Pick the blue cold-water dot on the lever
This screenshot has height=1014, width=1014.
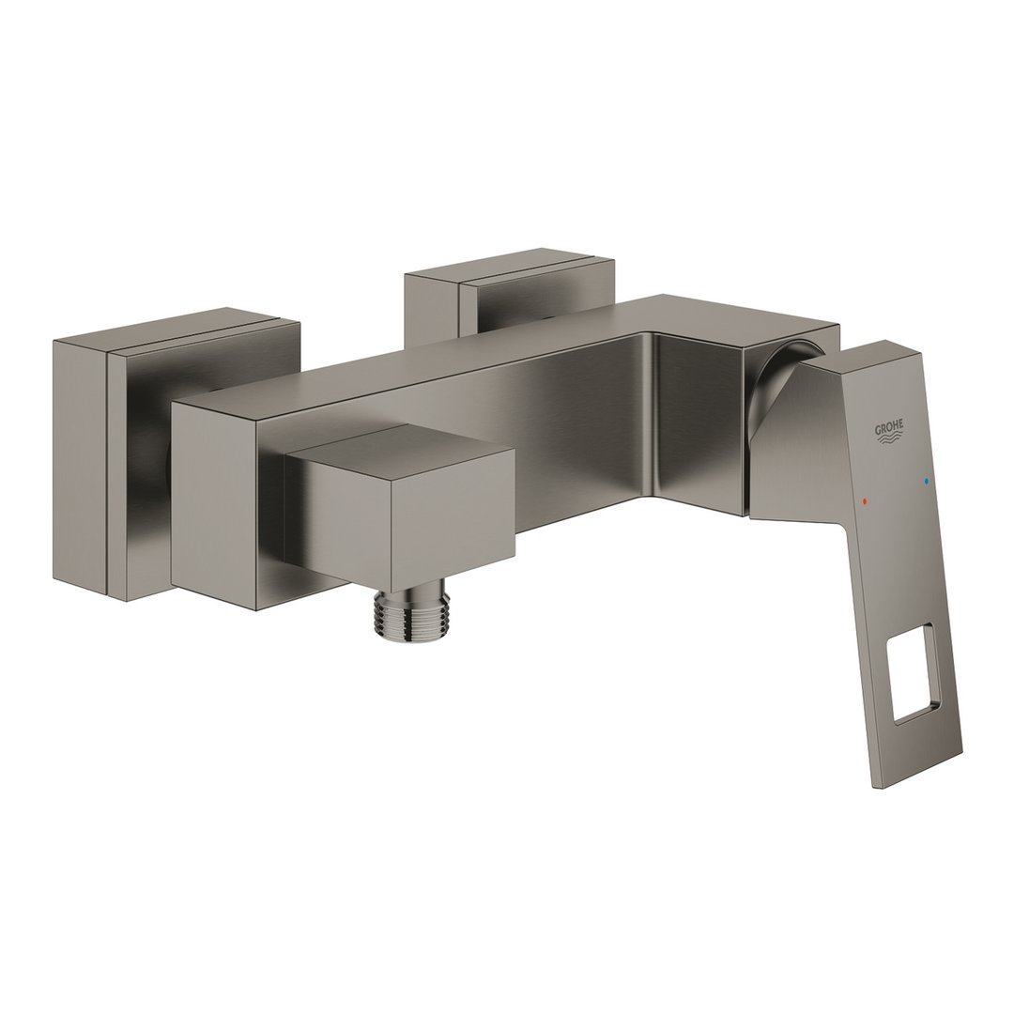tap(928, 482)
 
